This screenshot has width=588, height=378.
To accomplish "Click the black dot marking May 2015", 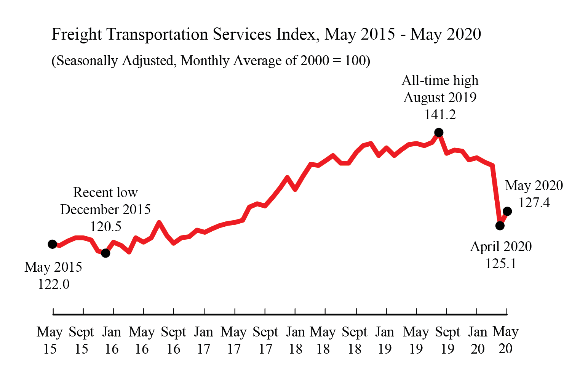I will click(53, 244).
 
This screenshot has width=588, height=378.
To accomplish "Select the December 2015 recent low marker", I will click(106, 253).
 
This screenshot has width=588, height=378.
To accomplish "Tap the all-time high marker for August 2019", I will click(439, 132).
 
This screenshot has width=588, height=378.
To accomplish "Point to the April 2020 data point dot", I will click(500, 226).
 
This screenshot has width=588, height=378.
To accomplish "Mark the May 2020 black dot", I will click(507, 211).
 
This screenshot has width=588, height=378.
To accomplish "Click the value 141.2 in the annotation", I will click(440, 114).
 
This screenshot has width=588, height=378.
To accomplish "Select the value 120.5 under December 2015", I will click(105, 227).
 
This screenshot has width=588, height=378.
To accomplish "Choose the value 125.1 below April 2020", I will click(501, 264).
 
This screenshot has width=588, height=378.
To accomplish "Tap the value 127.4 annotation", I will click(534, 203).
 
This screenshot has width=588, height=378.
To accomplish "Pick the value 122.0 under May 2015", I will click(53, 284).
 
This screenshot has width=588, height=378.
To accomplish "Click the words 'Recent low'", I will click(105, 192).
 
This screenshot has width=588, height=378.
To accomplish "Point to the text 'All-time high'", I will click(440, 80).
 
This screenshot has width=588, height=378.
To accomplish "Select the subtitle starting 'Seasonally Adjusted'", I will click(211, 61).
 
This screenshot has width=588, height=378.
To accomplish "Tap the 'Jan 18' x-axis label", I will click(296, 340).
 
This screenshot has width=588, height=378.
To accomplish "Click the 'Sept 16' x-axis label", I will click(173, 340).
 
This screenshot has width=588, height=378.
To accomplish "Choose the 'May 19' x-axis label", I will click(416, 340).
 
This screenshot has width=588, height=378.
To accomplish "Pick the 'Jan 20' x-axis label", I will click(478, 340).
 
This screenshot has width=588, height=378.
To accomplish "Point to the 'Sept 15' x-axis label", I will click(81, 340).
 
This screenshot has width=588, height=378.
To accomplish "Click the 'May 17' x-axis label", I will click(234, 340).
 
